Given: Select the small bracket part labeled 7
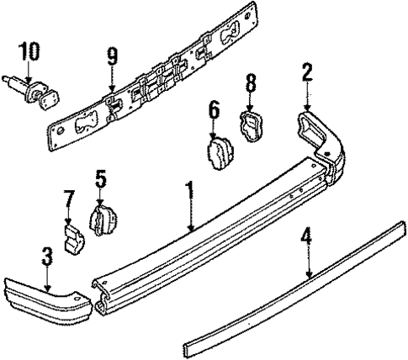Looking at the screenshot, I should (75, 237).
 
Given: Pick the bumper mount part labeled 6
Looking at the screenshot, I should (218, 154).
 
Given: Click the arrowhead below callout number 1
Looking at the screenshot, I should (191, 229).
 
